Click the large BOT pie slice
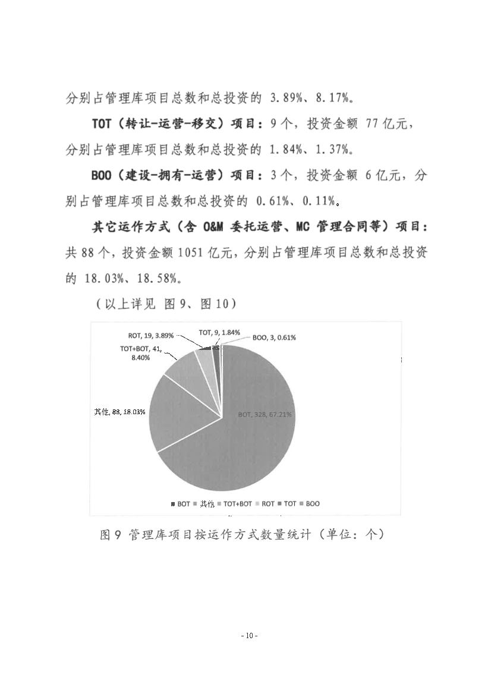pos(250,440)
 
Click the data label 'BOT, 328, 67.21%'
pos(265,415)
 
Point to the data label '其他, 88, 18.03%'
pos(120,411)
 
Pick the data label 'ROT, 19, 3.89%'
pos(151,335)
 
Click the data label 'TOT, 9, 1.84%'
pos(219,333)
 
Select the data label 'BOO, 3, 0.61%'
pos(274,337)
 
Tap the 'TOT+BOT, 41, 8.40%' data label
pos(141,354)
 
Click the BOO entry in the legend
pos(310,503)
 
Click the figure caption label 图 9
pos(111,535)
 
